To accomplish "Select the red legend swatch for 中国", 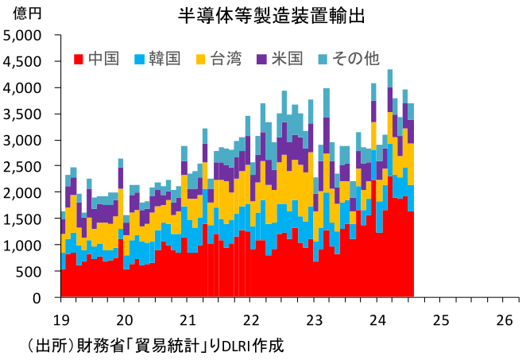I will click(x=79, y=60).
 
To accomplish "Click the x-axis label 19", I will click(x=61, y=319).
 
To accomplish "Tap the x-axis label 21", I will click(x=188, y=319).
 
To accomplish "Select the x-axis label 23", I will click(x=314, y=319).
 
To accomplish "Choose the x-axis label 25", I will click(x=440, y=319).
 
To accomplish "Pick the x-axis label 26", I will click(x=503, y=319).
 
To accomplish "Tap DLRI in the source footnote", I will click(x=236, y=346).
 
